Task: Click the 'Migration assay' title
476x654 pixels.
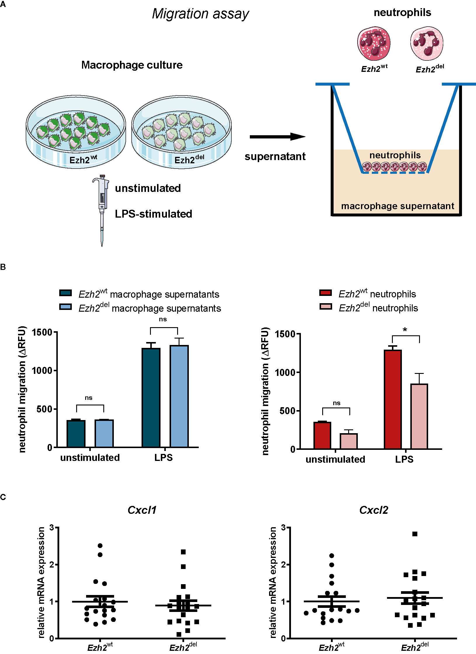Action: tap(200, 14)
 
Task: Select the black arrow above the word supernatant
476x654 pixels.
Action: tap(277, 137)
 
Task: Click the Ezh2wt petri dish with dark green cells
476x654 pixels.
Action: tap(76, 131)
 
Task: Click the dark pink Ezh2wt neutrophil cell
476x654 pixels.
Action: tap(374, 43)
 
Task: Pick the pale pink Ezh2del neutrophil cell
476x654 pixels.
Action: tap(427, 43)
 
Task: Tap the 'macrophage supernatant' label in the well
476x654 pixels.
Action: tap(397, 206)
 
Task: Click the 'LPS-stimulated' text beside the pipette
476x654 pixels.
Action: tap(154, 214)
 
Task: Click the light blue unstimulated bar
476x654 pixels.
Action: tap(104, 433)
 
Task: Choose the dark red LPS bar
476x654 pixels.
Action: tap(393, 400)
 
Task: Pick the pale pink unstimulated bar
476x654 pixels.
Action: tap(349, 441)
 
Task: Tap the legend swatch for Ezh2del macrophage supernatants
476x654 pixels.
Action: tap(65, 307)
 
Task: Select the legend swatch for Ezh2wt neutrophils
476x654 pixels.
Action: tap(326, 293)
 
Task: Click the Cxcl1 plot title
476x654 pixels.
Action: tap(142, 510)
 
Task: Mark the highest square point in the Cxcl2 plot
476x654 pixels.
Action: tap(415, 534)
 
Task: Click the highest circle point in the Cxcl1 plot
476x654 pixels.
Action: tap(100, 546)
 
